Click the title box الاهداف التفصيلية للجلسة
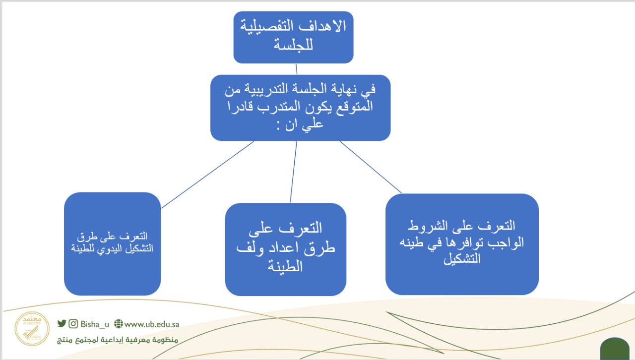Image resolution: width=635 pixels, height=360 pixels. tap(293, 37)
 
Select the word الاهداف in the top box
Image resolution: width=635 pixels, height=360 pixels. tap(322, 26)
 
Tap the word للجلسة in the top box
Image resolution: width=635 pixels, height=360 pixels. tap(293, 45)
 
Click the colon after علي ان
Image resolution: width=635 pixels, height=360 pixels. tap(279, 126)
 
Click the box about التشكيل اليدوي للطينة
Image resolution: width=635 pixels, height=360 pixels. tap(113, 244)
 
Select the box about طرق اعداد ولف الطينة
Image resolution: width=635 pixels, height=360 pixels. tap(285, 249)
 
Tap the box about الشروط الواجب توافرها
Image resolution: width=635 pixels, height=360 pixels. tap(462, 244)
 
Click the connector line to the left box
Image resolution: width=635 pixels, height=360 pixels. tap(207, 175)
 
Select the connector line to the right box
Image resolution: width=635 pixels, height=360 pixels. tap(371, 167)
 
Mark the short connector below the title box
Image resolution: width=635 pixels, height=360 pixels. tap(297, 69)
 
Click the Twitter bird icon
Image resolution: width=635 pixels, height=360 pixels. tap(62, 323)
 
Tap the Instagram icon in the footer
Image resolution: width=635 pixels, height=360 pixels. tap(73, 323)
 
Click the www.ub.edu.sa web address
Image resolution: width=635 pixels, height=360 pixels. tap(152, 324)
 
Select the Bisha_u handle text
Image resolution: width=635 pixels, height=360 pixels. tap(95, 324)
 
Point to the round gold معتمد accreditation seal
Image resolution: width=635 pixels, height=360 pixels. tap(32, 329)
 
